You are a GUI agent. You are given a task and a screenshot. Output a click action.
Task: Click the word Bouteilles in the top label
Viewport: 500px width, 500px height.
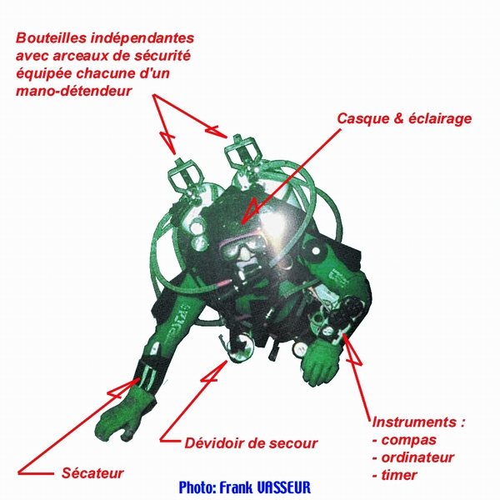pyautogui.click(x=52, y=37)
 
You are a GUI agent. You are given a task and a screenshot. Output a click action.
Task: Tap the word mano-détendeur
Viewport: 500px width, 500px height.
pyautogui.click(x=73, y=91)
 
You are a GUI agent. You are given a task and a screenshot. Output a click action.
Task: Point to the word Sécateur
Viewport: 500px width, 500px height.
pyautogui.click(x=92, y=472)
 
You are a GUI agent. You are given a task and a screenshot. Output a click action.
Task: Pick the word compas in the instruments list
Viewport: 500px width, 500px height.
pyautogui.click(x=409, y=440)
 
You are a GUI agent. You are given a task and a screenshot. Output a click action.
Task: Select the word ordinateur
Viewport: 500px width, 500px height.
pyautogui.click(x=417, y=457)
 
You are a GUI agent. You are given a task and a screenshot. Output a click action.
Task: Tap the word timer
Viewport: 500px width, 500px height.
pyautogui.click(x=399, y=475)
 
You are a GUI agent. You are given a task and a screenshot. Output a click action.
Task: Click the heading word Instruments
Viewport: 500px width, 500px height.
pyautogui.click(x=414, y=422)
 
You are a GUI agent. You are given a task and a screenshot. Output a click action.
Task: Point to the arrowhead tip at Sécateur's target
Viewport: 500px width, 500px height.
pyautogui.click(x=140, y=378)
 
